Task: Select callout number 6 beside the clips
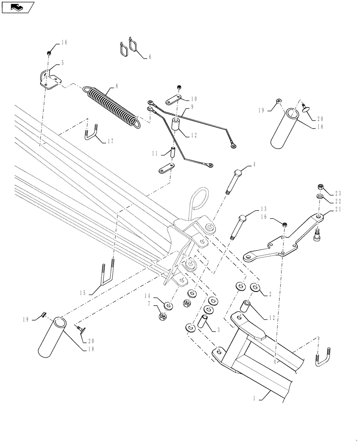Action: [149, 57]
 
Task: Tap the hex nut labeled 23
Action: [320, 187]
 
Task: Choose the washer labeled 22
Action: [320, 196]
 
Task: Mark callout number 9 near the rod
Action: [192, 107]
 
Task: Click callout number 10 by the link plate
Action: [194, 98]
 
